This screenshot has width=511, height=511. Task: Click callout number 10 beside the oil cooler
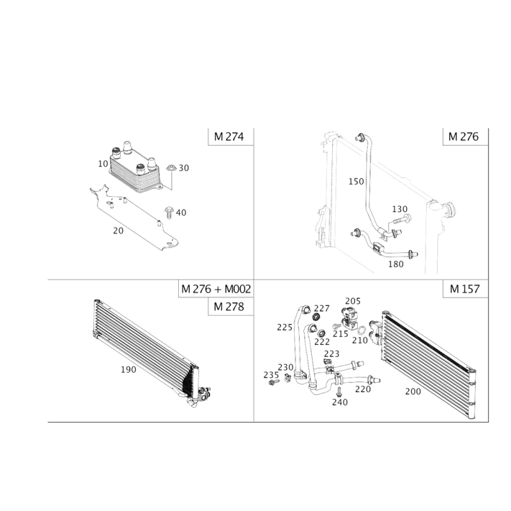point(102,164)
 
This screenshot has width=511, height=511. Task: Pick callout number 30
point(184,168)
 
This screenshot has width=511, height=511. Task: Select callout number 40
point(181,212)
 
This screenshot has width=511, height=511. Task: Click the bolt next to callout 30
point(172,174)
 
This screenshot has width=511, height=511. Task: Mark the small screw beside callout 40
point(169,211)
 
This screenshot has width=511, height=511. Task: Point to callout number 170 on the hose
point(355,182)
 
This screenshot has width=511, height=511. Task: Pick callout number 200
point(414,391)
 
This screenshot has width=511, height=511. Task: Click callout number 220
point(362,388)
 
